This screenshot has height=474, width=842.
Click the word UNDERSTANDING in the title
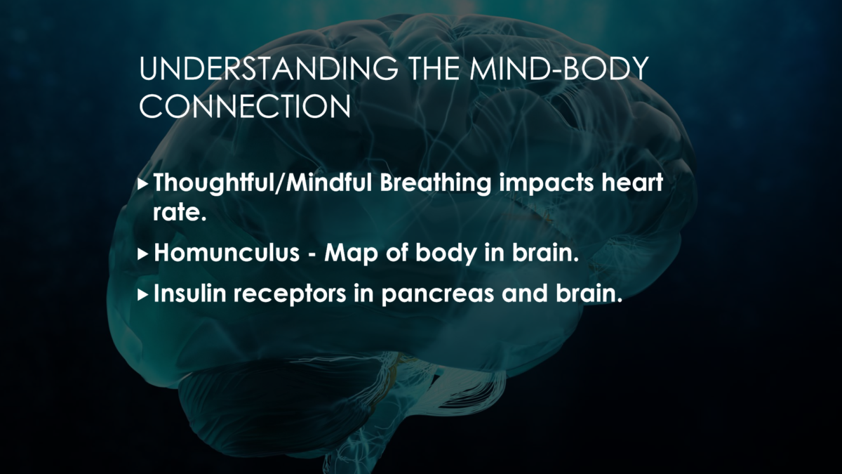268,69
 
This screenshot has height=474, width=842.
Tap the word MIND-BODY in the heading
559,69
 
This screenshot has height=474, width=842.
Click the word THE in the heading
434,69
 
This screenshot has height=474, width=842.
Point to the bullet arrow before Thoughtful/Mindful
143,185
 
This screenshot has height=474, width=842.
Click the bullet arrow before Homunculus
143,255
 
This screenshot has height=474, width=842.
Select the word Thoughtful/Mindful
262,183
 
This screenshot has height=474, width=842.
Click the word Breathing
435,184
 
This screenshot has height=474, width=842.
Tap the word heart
632,183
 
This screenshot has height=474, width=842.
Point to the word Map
351,254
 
